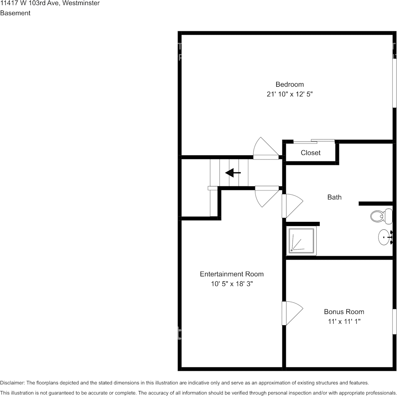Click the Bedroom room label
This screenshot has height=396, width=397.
click(289, 84)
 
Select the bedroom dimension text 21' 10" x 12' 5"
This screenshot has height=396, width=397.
click(290, 95)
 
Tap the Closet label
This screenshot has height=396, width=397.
click(310, 153)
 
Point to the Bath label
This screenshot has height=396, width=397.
click(334, 197)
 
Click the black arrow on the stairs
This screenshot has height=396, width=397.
click(233, 172)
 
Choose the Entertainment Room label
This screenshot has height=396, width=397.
click(232, 274)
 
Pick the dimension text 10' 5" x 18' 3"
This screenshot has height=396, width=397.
click(232, 284)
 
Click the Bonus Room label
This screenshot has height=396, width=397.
click(344, 312)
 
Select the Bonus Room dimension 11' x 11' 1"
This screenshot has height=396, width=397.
click(344, 322)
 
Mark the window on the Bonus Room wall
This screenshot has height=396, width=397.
click(394, 321)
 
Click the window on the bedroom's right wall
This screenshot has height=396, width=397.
click(394, 82)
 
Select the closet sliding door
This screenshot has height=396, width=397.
click(314, 141)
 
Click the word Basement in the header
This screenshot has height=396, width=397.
click(15, 13)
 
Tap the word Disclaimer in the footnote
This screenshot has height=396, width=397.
click(12, 383)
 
